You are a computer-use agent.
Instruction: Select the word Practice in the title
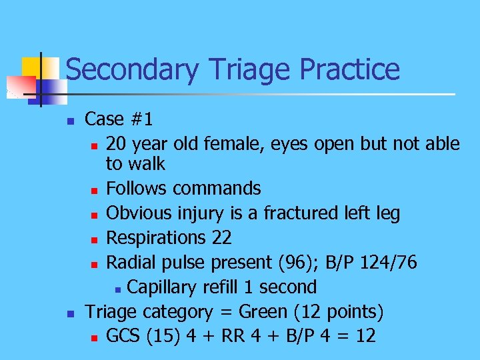tap(350, 70)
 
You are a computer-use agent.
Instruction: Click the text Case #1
tap(119, 119)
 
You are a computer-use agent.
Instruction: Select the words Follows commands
tap(183, 189)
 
